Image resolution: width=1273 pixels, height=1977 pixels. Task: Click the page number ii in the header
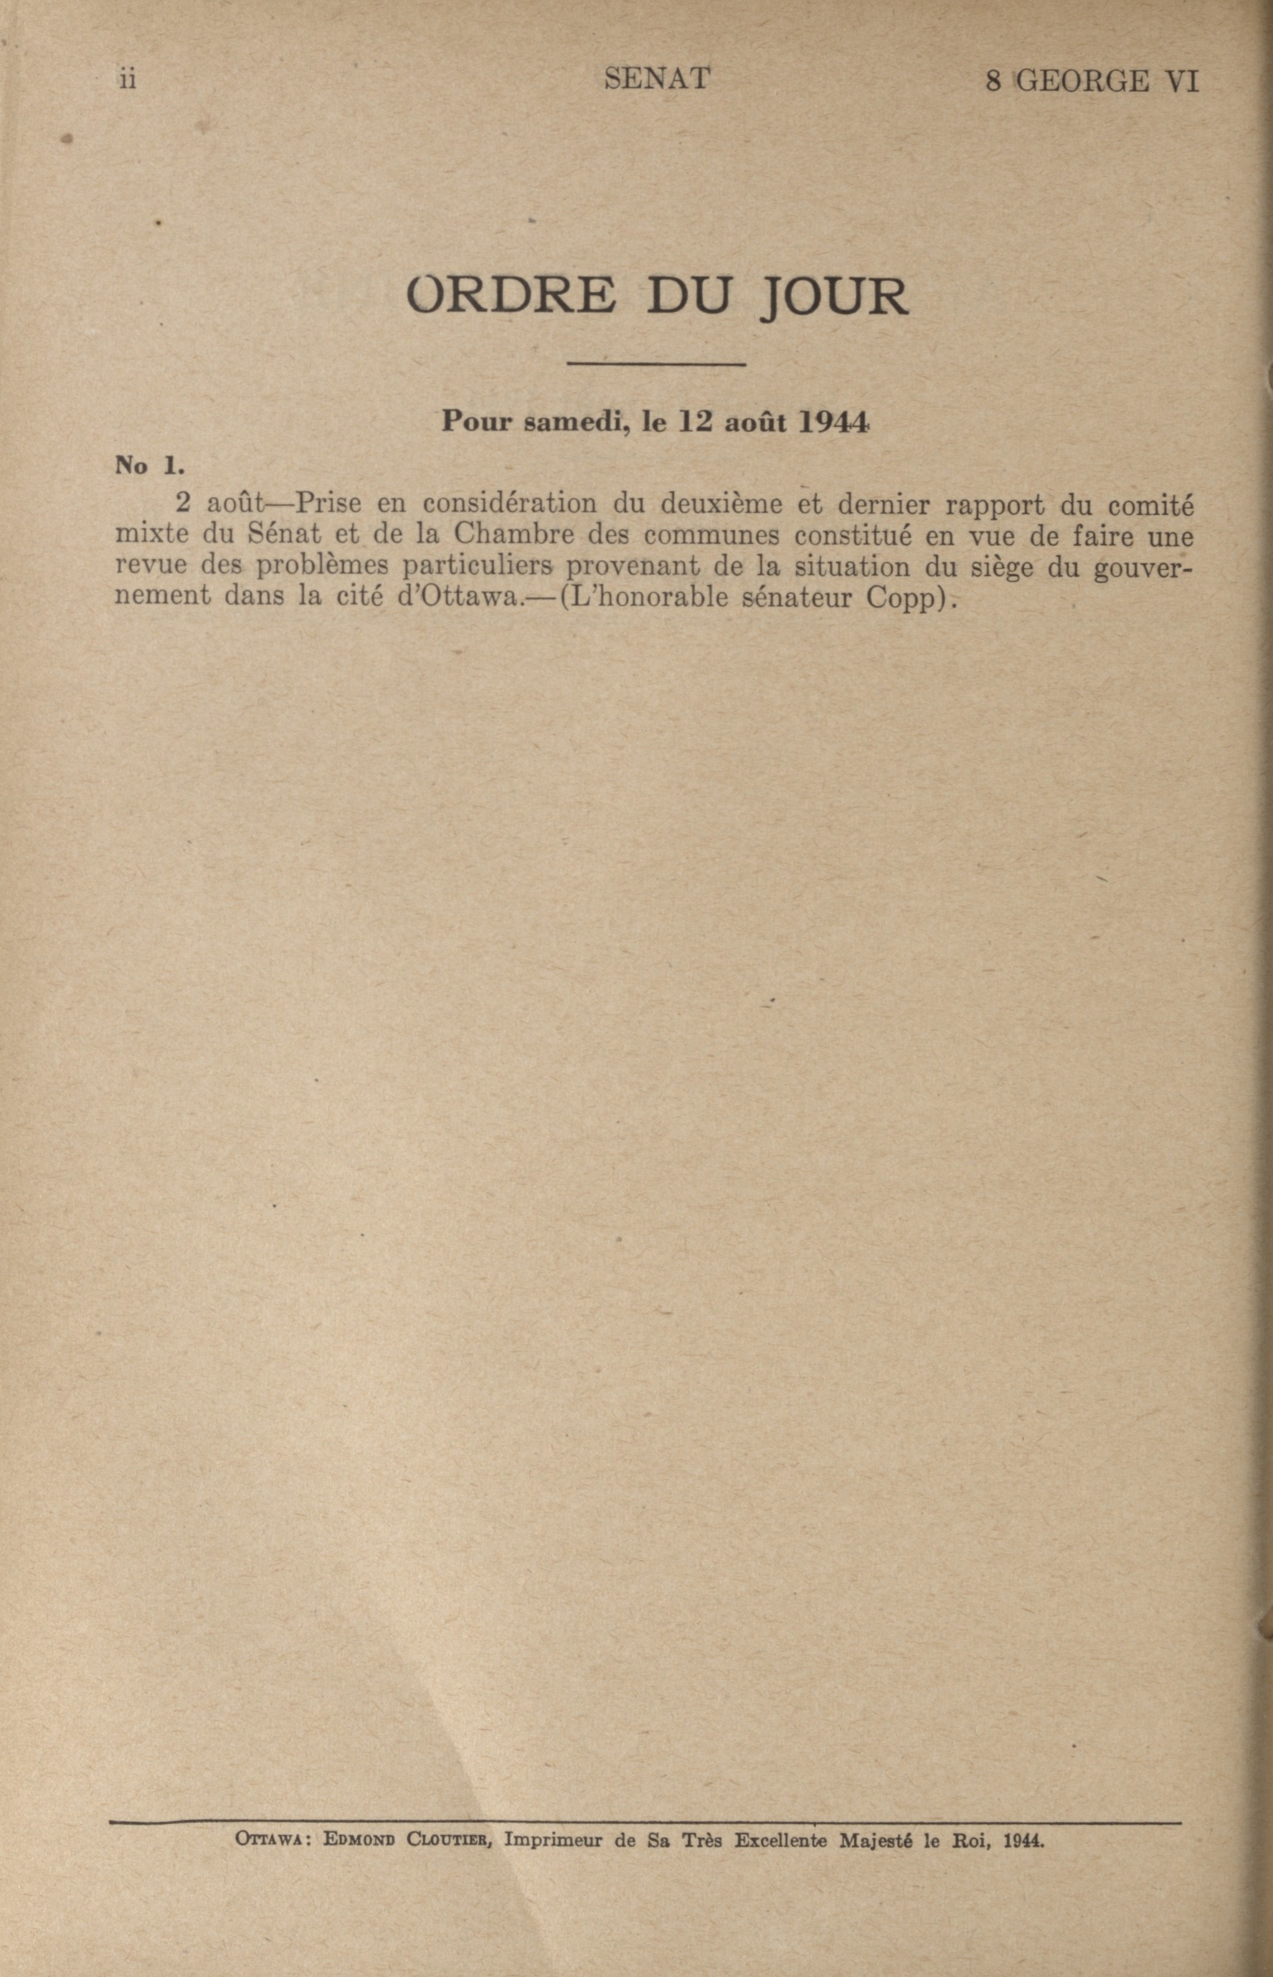(128, 80)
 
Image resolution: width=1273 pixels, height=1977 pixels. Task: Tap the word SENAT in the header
(657, 79)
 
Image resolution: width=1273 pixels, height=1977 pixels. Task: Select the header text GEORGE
(1082, 81)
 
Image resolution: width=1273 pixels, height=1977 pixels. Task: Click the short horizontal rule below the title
(657, 363)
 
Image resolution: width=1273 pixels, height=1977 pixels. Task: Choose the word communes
(710, 536)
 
